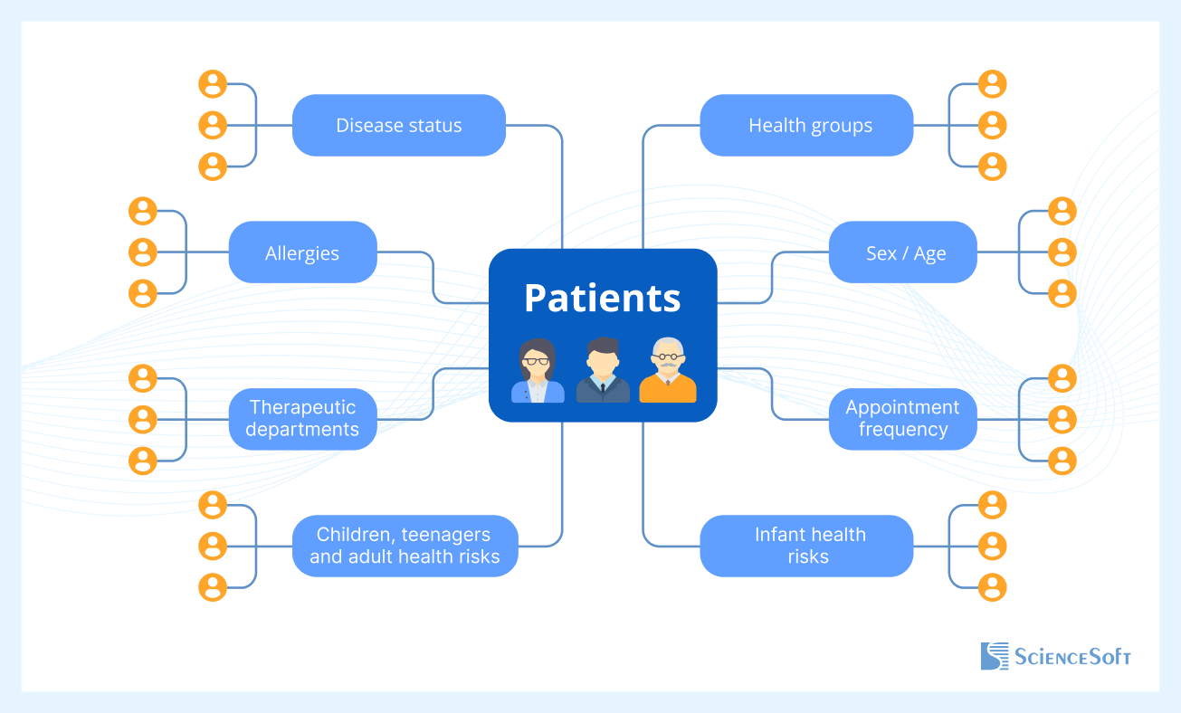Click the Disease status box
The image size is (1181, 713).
(x=398, y=125)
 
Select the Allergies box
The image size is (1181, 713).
(x=302, y=252)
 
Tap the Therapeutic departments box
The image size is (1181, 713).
(x=302, y=419)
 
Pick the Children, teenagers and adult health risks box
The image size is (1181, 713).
(x=405, y=546)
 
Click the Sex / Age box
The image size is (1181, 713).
(x=903, y=252)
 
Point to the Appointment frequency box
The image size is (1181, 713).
(x=903, y=419)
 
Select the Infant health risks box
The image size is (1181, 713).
(x=806, y=546)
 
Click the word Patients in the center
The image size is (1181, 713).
(x=602, y=298)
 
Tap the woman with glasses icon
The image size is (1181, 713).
(x=538, y=370)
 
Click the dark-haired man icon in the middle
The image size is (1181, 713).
(x=602, y=370)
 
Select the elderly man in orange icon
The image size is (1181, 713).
(x=668, y=370)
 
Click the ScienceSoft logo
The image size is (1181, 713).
(x=1055, y=656)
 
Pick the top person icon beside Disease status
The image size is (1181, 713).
(x=213, y=84)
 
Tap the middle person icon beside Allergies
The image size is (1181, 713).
(x=143, y=252)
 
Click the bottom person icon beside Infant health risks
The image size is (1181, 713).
(x=993, y=587)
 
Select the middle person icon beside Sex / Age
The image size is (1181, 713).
(x=1062, y=252)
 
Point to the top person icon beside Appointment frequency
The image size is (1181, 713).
(x=1062, y=378)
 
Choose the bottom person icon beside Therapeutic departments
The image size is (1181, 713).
(x=143, y=461)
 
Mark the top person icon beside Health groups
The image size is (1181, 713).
(x=993, y=84)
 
